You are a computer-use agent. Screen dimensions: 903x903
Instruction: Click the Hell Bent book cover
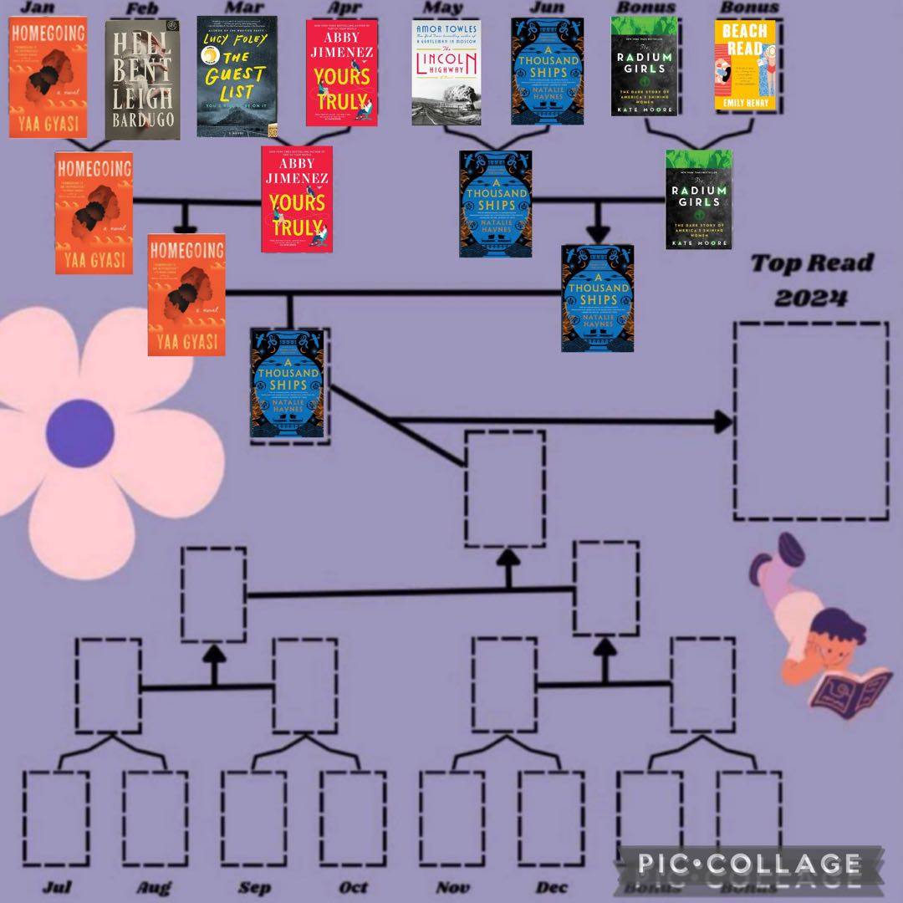coord(142,79)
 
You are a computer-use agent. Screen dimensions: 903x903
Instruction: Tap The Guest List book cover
coord(237,76)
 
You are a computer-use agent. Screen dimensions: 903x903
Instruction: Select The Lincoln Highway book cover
coord(447,71)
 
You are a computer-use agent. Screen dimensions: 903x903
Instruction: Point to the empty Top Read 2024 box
coord(810,421)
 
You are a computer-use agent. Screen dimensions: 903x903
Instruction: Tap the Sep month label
coord(254,886)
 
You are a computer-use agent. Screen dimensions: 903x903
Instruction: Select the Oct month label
coord(352,886)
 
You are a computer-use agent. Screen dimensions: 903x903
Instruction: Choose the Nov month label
coord(452,886)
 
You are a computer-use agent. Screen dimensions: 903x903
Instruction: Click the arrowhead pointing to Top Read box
coord(722,422)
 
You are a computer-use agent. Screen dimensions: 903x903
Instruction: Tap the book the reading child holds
coord(843,691)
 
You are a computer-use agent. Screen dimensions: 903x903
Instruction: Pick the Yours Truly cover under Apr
coord(341,73)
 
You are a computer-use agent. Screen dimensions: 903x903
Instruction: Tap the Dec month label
coord(552,886)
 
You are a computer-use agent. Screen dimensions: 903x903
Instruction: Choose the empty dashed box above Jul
coord(55,818)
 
